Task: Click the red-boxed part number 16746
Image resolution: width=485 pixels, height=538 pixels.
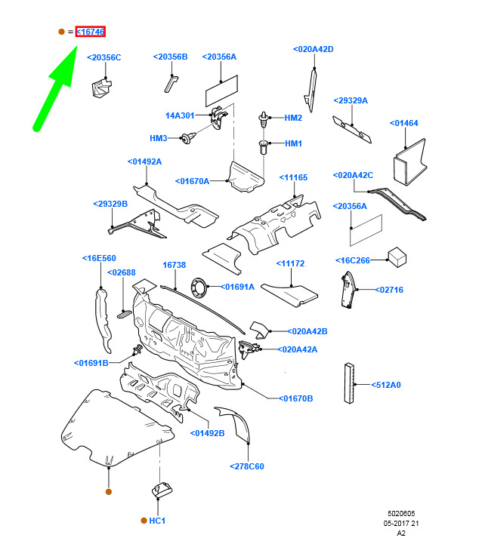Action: point(91,32)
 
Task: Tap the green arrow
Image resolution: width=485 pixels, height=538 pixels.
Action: point(56,88)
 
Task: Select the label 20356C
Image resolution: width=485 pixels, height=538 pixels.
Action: point(104,57)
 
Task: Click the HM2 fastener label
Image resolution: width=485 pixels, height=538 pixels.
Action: point(293,118)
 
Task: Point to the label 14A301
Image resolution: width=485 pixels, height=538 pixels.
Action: point(180,115)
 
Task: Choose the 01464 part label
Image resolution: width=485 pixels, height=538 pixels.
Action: point(404,123)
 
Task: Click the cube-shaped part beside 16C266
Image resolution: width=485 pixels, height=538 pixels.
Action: point(397,257)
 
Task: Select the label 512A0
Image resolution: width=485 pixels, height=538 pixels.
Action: point(386,385)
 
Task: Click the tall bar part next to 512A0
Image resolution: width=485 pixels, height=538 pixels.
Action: point(349,383)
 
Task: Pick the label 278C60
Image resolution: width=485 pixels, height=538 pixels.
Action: point(247,466)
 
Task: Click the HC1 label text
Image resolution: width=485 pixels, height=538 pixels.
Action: point(157,521)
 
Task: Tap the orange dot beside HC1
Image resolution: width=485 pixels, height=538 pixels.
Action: point(144,521)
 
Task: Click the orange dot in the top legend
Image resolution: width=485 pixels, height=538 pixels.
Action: point(61,32)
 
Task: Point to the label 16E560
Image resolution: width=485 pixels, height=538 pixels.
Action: point(99,258)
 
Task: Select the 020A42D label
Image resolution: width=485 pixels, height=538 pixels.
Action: point(314,49)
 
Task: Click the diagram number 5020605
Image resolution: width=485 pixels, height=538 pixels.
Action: point(401,514)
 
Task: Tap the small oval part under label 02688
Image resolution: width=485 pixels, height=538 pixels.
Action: point(125,314)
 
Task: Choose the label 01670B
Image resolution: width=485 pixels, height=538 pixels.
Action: point(295,398)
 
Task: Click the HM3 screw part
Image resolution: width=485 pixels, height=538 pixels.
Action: point(189,138)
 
